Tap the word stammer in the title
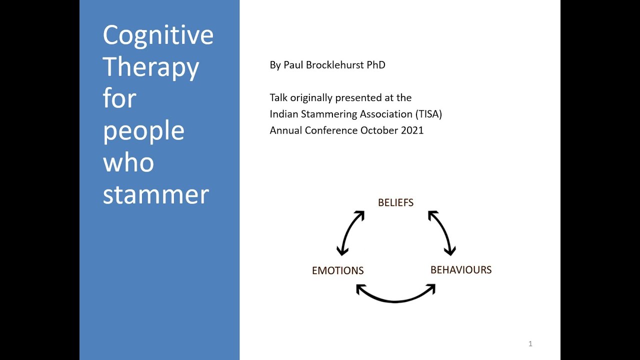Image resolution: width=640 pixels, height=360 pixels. click(x=155, y=195)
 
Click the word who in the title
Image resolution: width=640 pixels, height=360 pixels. click(x=128, y=163)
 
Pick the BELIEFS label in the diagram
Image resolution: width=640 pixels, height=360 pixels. click(x=395, y=202)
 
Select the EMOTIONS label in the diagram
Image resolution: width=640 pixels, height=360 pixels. click(x=337, y=270)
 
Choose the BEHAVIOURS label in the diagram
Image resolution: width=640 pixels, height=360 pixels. click(x=461, y=270)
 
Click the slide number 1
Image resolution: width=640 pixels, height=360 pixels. click(x=530, y=343)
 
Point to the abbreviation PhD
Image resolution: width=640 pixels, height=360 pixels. click(x=375, y=65)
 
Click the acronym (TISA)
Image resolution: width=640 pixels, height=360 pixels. click(x=428, y=114)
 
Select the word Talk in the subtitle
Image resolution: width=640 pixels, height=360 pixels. click(x=278, y=97)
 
